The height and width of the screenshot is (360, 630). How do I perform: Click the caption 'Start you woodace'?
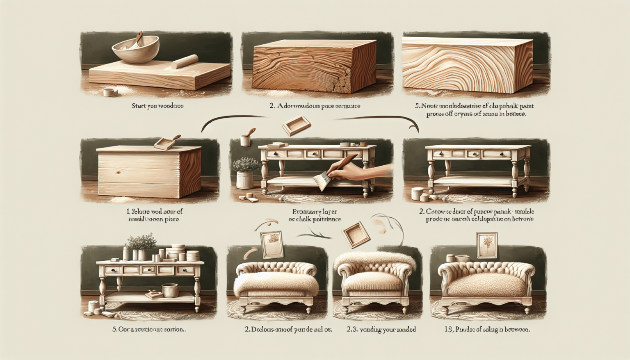[x=157, y=106]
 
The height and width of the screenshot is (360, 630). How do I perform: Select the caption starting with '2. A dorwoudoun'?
[x=315, y=106]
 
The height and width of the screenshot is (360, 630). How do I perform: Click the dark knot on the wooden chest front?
[x=119, y=172]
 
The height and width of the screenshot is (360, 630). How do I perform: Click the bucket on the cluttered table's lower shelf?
[x=170, y=290]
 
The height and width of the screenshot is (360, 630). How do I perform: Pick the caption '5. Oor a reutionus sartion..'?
[x=149, y=329]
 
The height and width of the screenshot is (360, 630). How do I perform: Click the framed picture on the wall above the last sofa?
[x=487, y=245]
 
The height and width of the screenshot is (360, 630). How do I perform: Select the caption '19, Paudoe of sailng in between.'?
[x=487, y=329]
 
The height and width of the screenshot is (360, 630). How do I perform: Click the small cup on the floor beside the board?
[x=108, y=92]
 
